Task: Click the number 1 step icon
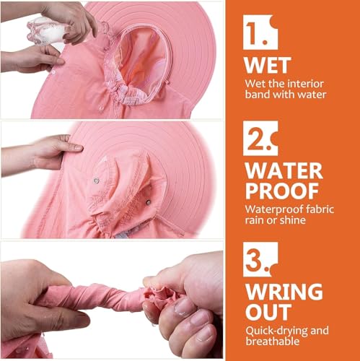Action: pyautogui.click(x=259, y=32)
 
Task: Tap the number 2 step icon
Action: pyautogui.click(x=260, y=138)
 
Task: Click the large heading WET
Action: pyautogui.click(x=268, y=65)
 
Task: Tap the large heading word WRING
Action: pyautogui.click(x=284, y=292)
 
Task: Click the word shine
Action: pyautogui.click(x=293, y=221)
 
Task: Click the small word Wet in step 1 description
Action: pyautogui.click(x=254, y=83)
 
